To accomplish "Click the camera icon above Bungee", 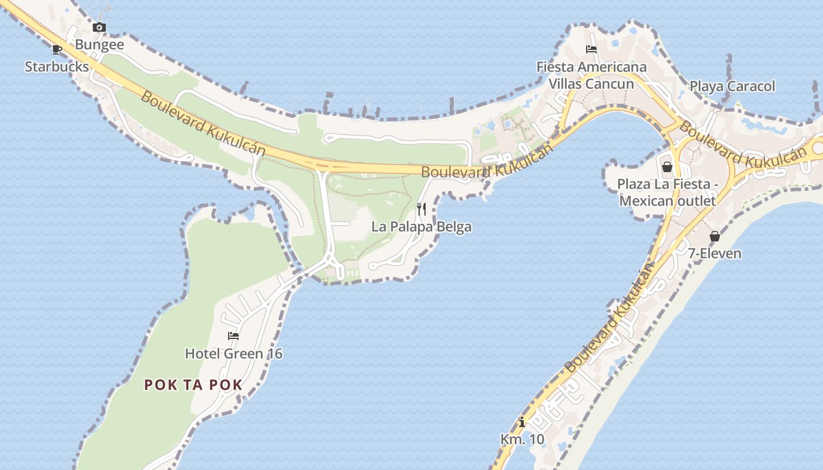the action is pos(99,27).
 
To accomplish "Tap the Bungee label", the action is pos(99,45).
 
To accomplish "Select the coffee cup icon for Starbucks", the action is pos(57,49).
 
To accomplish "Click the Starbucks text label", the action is pos(57,66).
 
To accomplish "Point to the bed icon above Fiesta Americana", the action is pos(591,49).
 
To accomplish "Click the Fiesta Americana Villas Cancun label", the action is pos(591,75).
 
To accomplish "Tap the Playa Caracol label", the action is pos(732,86).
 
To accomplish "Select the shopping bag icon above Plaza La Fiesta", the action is pos(667,167).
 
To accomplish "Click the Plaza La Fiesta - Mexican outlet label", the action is pos(667,193).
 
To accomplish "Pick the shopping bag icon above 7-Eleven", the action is pos(715,236).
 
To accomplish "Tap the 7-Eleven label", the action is pos(715,254).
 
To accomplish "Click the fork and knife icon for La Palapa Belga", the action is pos(421,209).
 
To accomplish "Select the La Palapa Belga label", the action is pos(421,227).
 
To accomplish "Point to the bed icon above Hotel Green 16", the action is pos(233,336).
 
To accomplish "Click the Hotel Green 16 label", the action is pos(233,354).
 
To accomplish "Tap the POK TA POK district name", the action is pos(193,385).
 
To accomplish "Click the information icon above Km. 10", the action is pos(522,422).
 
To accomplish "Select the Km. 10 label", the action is pos(522,439).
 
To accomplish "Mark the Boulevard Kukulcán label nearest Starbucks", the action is pos(203,124).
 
